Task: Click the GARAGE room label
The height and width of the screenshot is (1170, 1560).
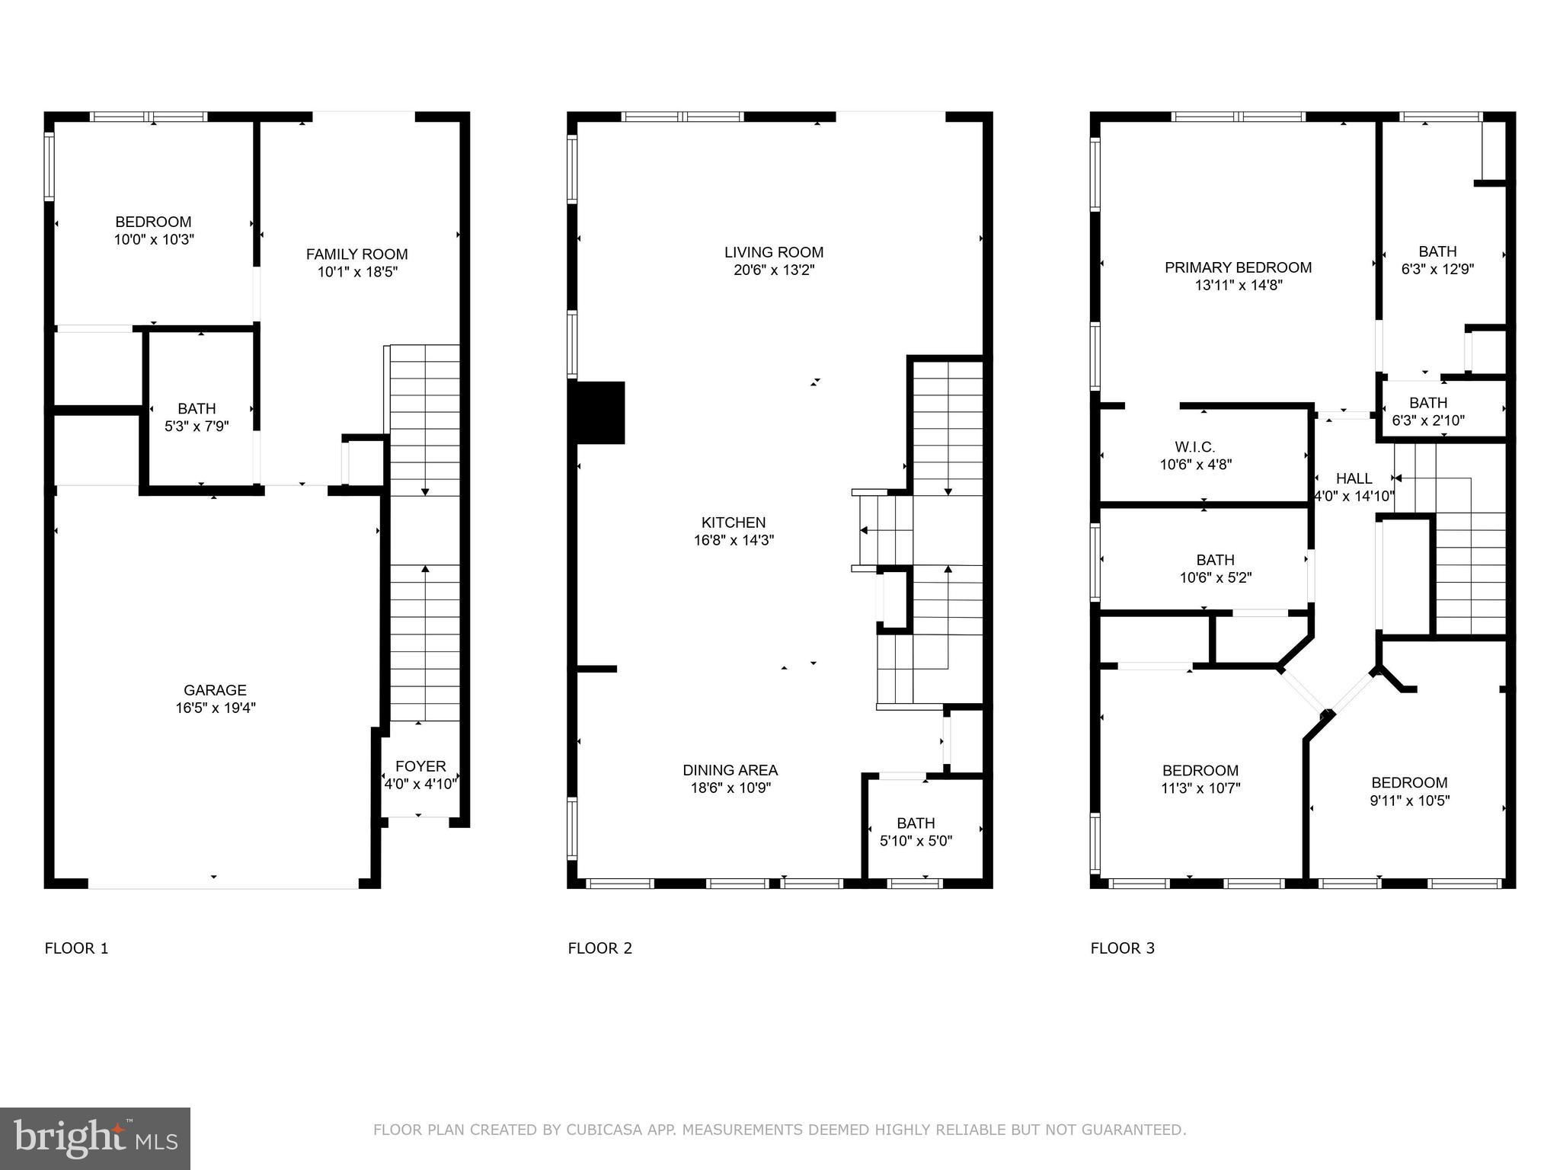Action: (215, 690)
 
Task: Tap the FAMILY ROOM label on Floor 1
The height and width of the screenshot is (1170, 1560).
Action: (356, 254)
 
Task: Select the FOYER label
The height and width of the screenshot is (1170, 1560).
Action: (420, 766)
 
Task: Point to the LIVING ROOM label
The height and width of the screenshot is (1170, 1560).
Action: (774, 252)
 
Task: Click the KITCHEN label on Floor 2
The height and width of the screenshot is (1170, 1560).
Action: (734, 523)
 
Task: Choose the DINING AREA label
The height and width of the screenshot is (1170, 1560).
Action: (730, 770)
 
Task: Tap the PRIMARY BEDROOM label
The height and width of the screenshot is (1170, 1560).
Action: (1239, 267)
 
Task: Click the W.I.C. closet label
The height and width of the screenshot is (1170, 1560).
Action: (1195, 447)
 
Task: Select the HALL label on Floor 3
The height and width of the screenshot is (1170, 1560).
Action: (1354, 478)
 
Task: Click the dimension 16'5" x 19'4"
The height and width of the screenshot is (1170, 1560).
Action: (216, 708)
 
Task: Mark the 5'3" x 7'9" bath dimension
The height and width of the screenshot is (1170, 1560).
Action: (197, 427)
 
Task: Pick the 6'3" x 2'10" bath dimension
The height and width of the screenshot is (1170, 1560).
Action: (1428, 420)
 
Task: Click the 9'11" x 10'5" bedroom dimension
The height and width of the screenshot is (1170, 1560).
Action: (1410, 801)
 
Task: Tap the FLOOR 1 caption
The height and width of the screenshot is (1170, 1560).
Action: (77, 948)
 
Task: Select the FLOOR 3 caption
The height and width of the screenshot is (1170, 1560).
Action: (1123, 948)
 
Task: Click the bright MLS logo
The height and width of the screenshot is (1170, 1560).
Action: (95, 1139)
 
